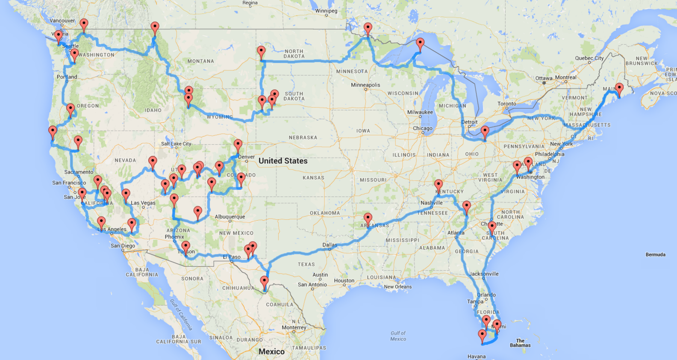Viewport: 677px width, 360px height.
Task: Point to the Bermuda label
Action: [655, 254]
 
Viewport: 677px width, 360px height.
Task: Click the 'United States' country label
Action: [283, 161]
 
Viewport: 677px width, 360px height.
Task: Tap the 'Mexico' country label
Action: [271, 351]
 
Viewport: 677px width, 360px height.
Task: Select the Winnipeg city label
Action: [326, 11]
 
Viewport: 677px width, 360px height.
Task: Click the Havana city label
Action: [476, 356]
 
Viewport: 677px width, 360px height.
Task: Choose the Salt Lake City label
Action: [176, 144]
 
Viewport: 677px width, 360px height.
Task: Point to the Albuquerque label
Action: [230, 217]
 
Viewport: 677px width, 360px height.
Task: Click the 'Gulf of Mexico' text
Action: [398, 336]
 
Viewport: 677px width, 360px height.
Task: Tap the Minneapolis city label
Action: [365, 85]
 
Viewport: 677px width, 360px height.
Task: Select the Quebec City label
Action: [589, 58]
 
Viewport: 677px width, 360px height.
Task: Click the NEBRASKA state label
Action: [303, 138]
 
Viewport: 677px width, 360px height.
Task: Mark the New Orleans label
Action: [397, 286]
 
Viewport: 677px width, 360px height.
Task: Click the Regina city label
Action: [250, 3]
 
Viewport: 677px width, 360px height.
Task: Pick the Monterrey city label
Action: [294, 328]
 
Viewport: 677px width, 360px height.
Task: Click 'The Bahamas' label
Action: [520, 343]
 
